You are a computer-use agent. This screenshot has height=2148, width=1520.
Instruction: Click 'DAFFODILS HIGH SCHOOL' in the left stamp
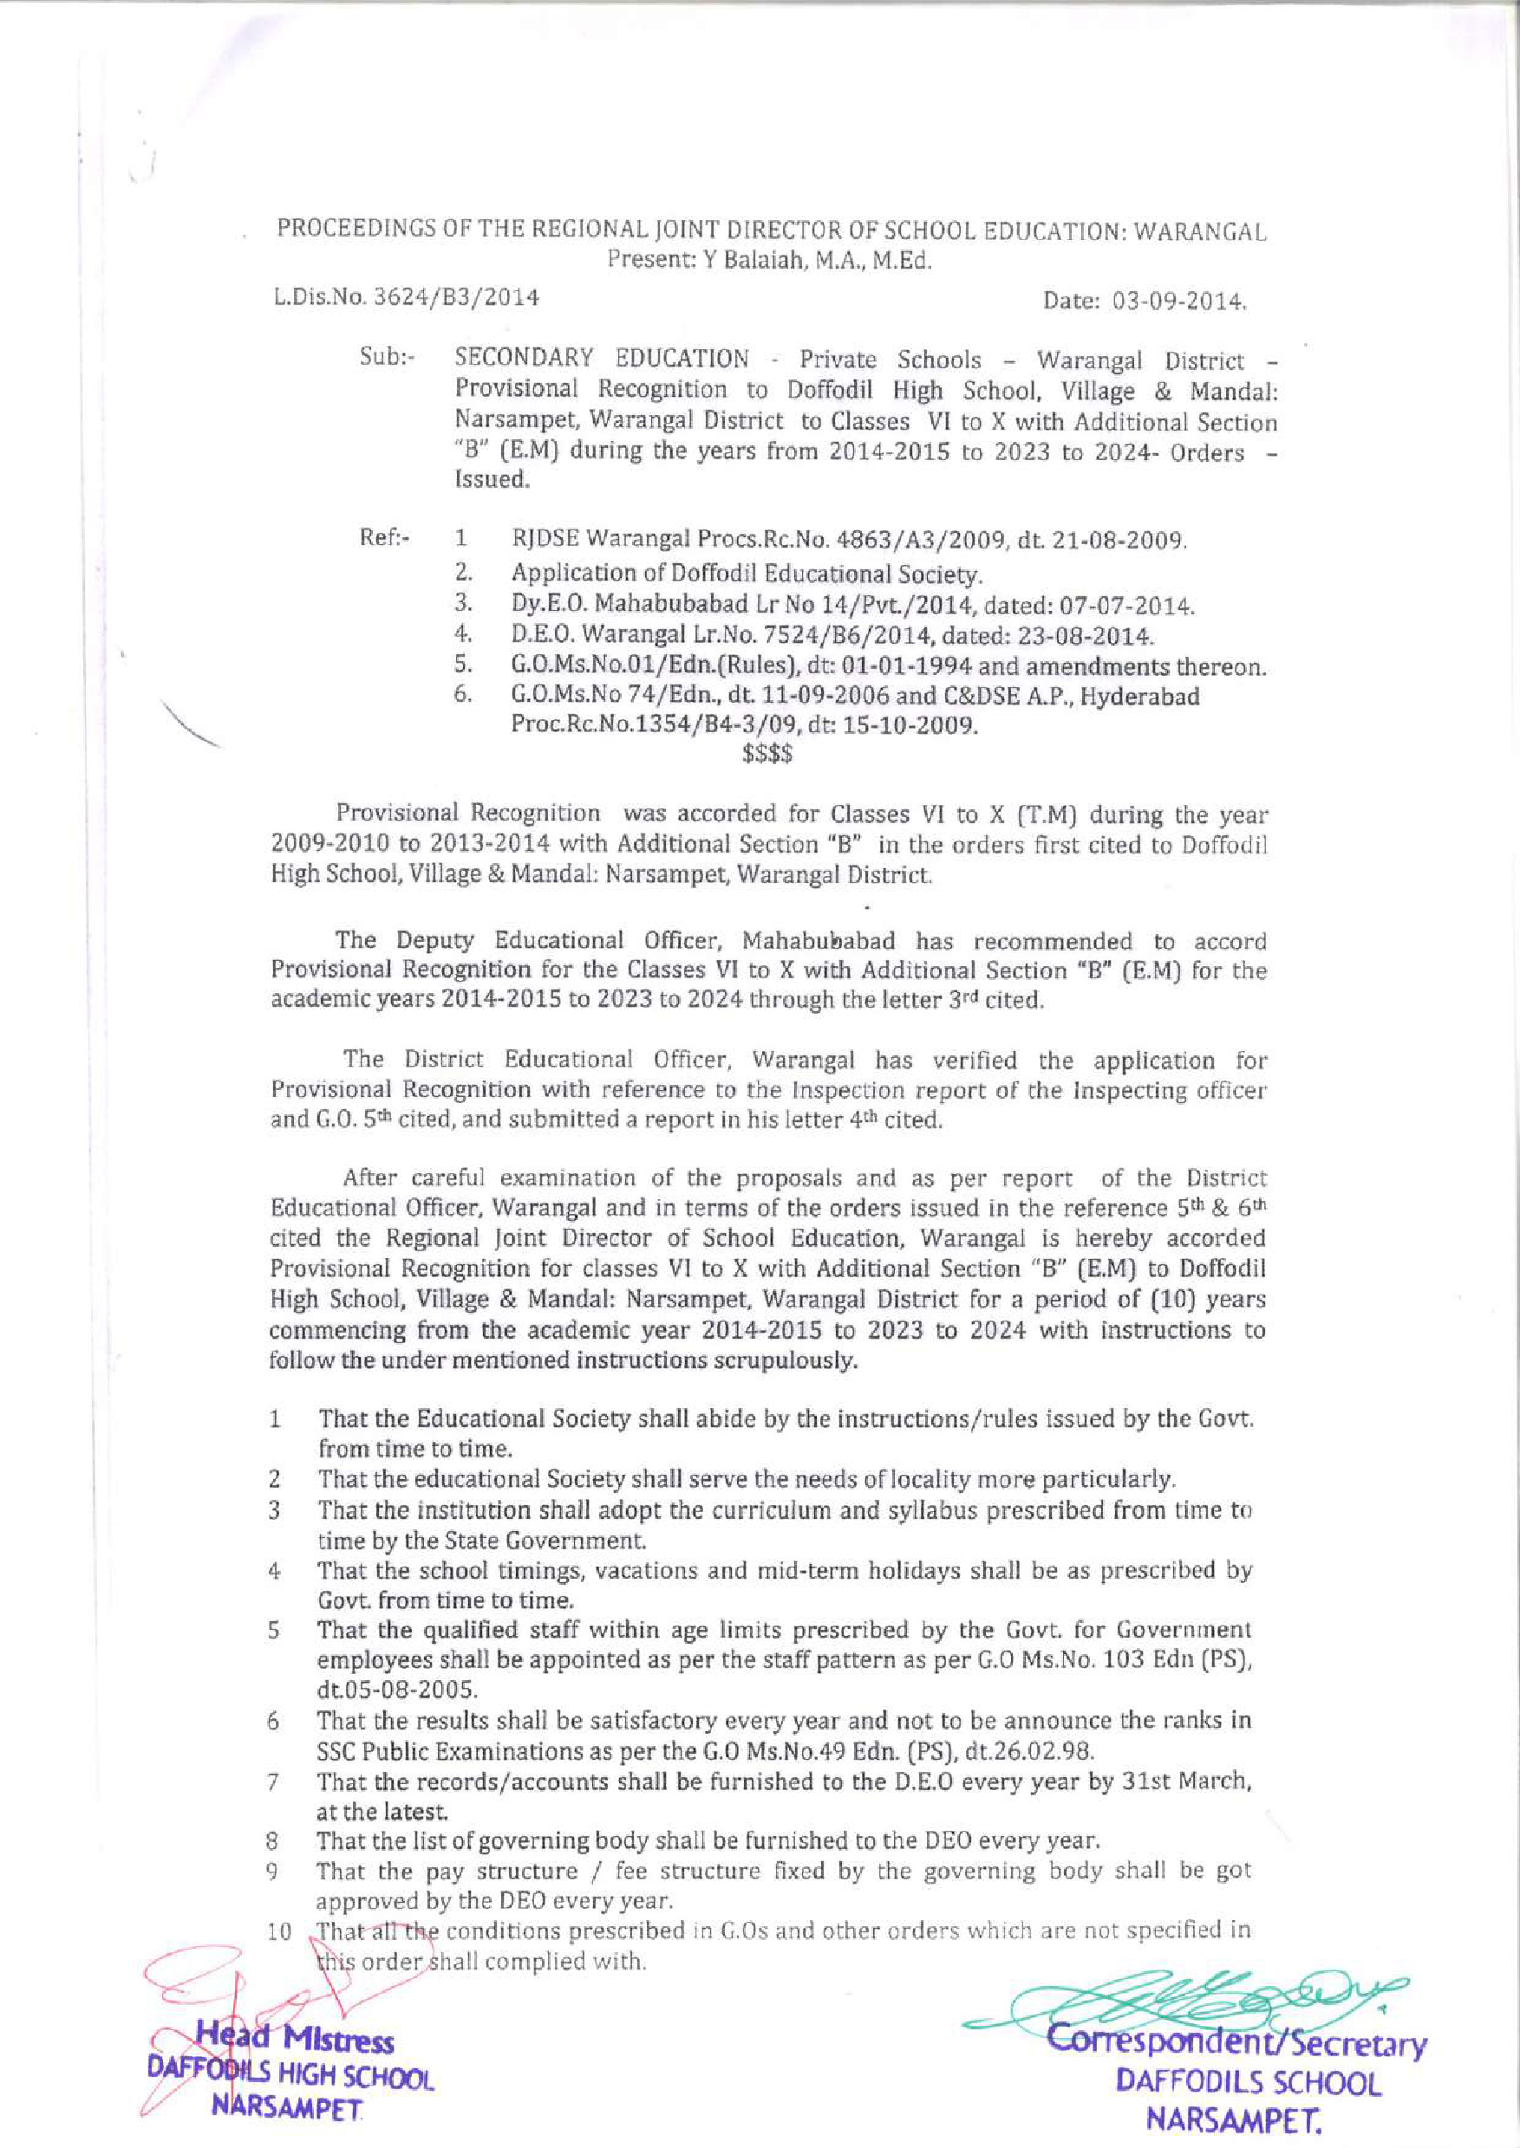[290, 2073]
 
